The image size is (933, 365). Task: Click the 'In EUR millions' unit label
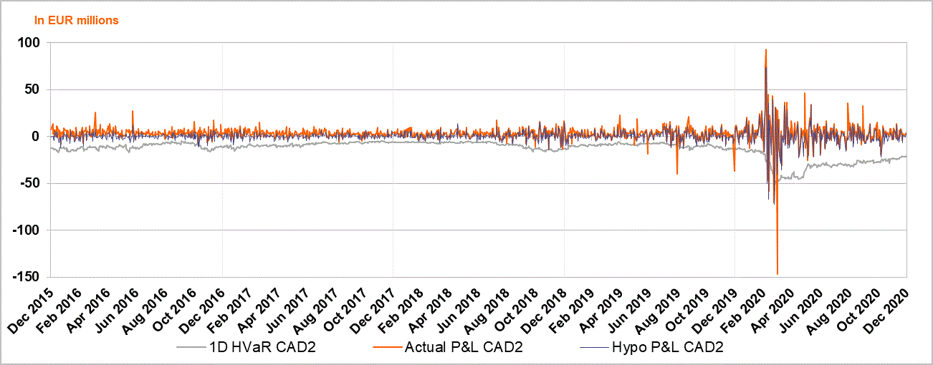click(x=77, y=21)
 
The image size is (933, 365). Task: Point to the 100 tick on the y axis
click(x=31, y=43)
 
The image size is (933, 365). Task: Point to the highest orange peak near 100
click(x=766, y=49)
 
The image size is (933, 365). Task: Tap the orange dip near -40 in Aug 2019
click(x=677, y=174)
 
